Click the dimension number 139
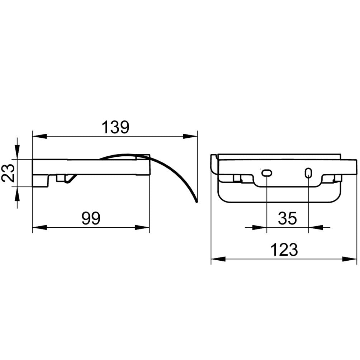(x=115, y=127)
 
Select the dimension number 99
(x=91, y=218)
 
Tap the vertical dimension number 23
(x=8, y=173)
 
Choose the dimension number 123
(x=284, y=250)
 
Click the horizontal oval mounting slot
(x=267, y=173)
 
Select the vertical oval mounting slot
(x=308, y=173)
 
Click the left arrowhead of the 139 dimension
(x=39, y=136)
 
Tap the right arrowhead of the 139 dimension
(x=190, y=136)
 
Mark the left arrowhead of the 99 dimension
(x=39, y=228)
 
